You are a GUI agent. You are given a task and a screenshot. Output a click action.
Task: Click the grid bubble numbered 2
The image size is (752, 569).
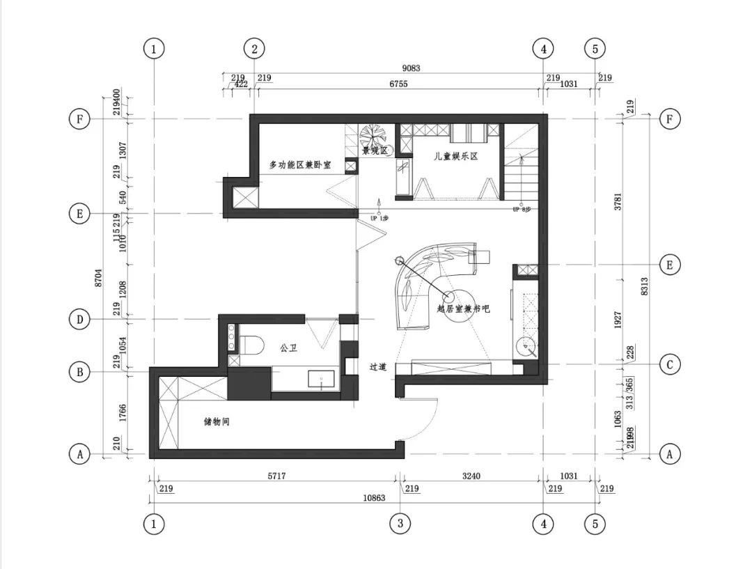pyautogui.click(x=255, y=49)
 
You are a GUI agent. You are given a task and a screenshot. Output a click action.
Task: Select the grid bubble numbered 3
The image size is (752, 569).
pyautogui.click(x=400, y=524)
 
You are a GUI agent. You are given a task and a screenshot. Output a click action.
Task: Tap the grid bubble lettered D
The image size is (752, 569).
pyautogui.click(x=80, y=320)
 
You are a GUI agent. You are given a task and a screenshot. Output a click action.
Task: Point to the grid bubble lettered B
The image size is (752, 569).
pyautogui.click(x=80, y=373)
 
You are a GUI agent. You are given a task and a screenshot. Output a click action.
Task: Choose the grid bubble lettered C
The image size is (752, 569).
pyautogui.click(x=670, y=364)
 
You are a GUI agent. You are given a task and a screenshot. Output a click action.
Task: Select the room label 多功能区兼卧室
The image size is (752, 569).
pyautogui.click(x=300, y=165)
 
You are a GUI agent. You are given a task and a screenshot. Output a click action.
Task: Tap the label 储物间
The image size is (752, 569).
pyautogui.click(x=216, y=422)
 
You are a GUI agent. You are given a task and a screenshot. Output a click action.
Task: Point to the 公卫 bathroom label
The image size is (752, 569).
pyautogui.click(x=288, y=347)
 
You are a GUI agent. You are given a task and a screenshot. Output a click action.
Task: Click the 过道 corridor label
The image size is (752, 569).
pyautogui.click(x=378, y=366)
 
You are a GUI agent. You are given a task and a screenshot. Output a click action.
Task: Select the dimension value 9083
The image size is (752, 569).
pyautogui.click(x=412, y=68)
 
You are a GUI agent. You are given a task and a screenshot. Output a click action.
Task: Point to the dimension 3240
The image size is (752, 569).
pyautogui.click(x=472, y=477)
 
